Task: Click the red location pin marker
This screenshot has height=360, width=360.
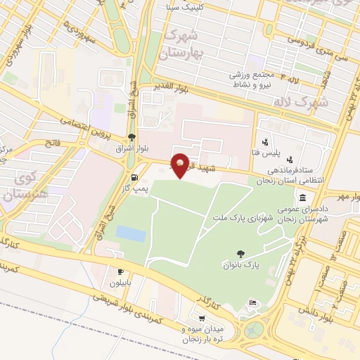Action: point(181,164)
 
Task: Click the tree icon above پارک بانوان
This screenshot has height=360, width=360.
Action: point(242,254)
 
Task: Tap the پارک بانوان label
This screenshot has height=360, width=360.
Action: point(242,266)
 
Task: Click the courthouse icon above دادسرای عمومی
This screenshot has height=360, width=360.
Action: point(302,197)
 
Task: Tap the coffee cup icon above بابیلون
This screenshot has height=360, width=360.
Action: point(120,271)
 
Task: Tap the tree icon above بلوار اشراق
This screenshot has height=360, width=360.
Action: point(131,137)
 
